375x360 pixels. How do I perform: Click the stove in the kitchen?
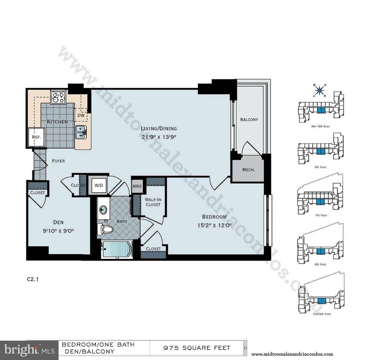pyautogui.click(x=57, y=98)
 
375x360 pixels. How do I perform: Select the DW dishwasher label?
pyautogui.click(x=81, y=115)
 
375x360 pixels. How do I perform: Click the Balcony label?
pyautogui.click(x=249, y=120)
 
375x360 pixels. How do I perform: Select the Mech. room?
pyautogui.click(x=248, y=169)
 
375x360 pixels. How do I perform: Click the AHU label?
pyautogui.click(x=137, y=186)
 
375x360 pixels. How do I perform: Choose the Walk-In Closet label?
pyautogui.click(x=152, y=202)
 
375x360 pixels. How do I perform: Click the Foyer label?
pyautogui.click(x=58, y=161)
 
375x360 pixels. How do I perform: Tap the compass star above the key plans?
pyautogui.click(x=319, y=90)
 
